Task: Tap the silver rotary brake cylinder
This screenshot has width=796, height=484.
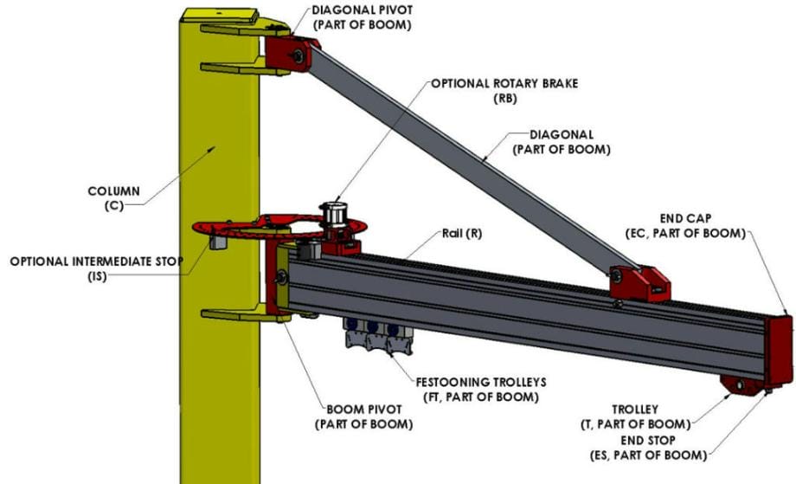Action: click(333, 213)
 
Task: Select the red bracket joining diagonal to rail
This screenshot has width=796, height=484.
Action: click(639, 282)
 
